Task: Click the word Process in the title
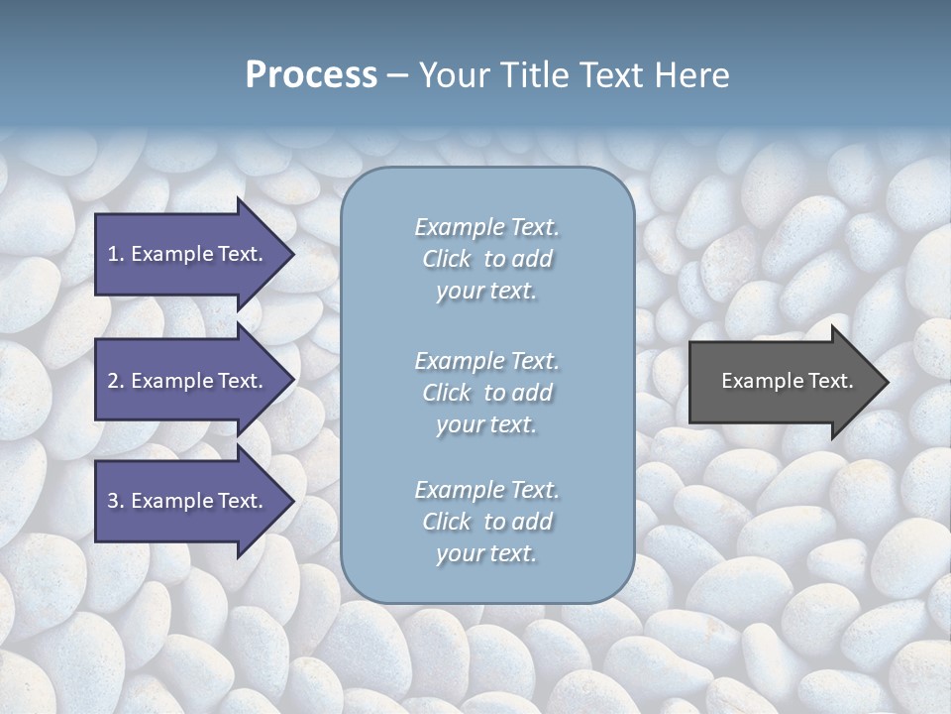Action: [x=311, y=75]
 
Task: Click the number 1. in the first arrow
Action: [x=115, y=254]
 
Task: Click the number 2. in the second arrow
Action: [x=115, y=381]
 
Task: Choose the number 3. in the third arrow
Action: [x=115, y=501]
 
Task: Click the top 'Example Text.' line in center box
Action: [x=486, y=227]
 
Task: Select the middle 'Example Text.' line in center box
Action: [x=486, y=361]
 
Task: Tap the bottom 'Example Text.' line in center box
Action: [x=486, y=490]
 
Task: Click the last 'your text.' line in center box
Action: [x=486, y=554]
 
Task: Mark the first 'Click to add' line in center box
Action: [x=486, y=259]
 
